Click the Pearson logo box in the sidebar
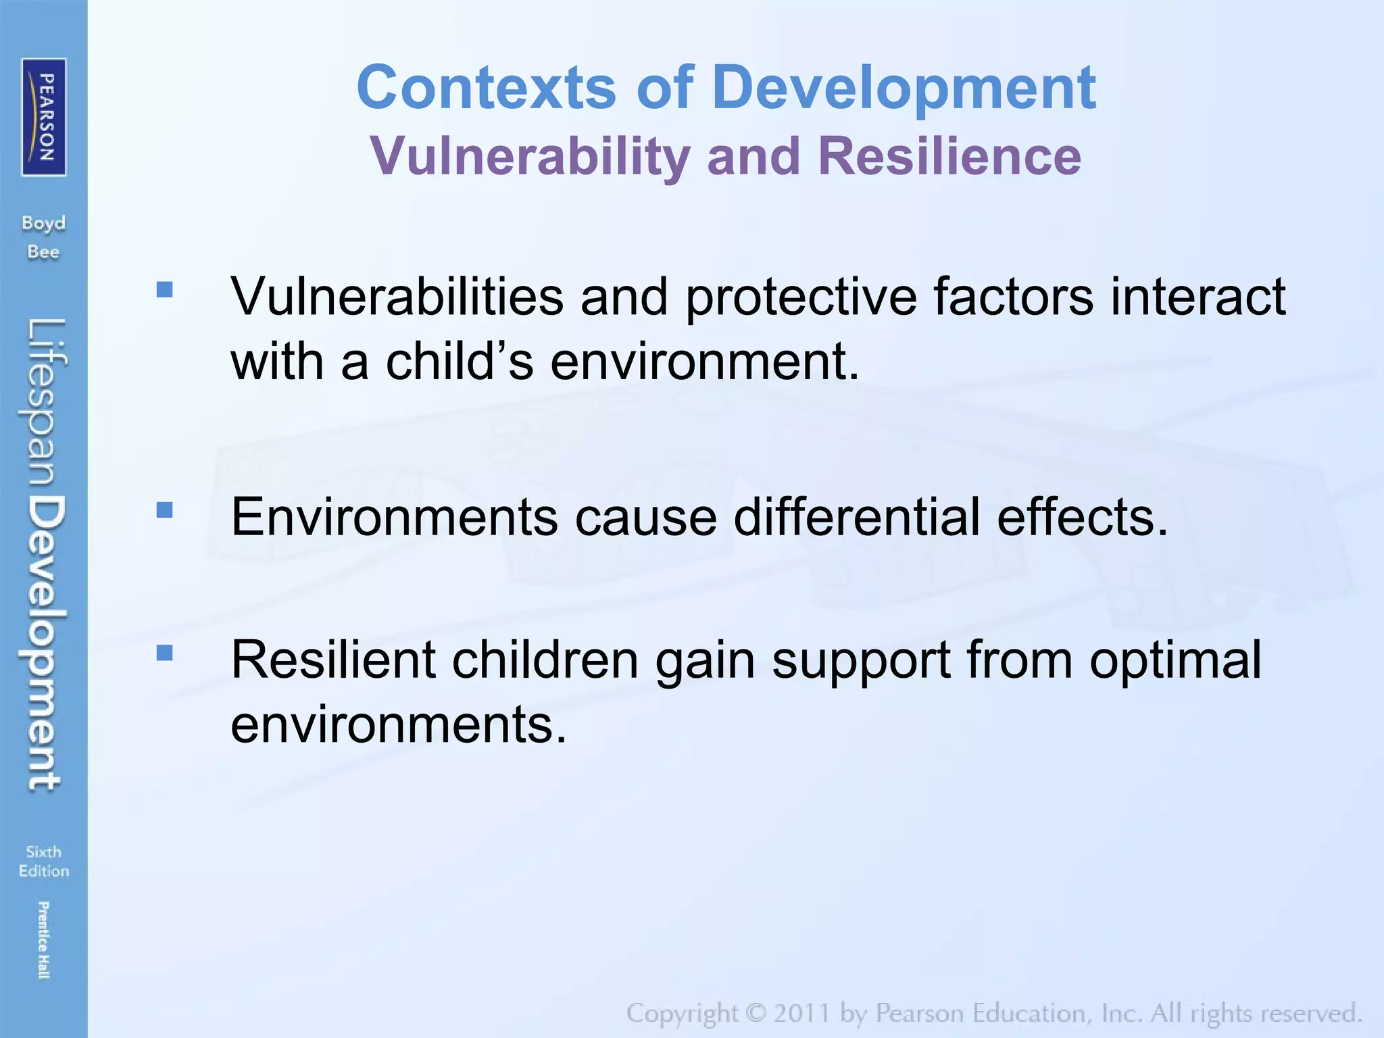44,117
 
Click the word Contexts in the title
486,87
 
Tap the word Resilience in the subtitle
949,156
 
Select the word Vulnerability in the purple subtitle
530,156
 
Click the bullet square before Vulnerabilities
164,290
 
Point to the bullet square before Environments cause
164,510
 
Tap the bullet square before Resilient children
164,653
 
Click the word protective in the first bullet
801,297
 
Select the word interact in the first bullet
1197,297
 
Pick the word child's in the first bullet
460,362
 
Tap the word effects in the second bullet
1081,517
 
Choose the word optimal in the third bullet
1175,660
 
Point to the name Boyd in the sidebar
44,224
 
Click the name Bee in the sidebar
44,253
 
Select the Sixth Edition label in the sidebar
44,862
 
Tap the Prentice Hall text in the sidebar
43,940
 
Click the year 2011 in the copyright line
801,1014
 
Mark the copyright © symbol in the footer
756,1014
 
